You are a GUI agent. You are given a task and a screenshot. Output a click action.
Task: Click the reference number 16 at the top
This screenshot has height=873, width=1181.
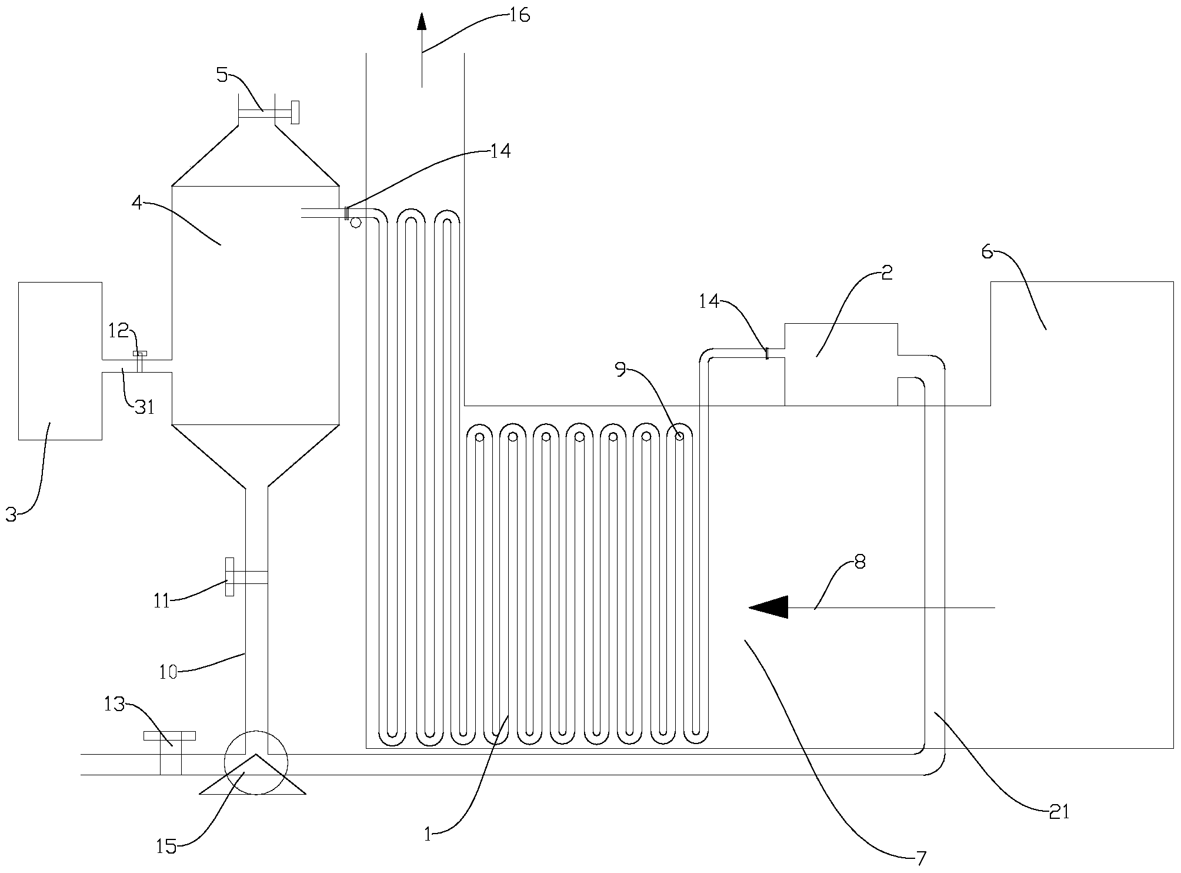[x=519, y=15]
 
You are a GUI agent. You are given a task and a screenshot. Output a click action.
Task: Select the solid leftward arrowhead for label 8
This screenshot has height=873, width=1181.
[x=768, y=607]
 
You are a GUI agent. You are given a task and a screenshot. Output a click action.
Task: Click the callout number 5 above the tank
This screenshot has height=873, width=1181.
[x=222, y=75]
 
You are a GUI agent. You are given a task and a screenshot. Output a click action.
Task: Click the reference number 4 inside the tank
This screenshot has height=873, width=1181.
[x=137, y=203]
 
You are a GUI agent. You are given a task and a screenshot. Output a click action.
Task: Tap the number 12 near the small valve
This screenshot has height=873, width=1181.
[x=118, y=331]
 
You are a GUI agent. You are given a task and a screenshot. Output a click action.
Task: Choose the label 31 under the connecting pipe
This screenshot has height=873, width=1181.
[x=144, y=406]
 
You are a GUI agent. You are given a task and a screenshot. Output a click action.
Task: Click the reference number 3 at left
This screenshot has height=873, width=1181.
[x=11, y=514]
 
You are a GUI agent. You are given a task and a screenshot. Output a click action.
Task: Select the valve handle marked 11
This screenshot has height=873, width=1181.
[x=229, y=577]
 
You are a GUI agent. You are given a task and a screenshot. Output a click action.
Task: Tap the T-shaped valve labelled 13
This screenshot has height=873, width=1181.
[x=170, y=753]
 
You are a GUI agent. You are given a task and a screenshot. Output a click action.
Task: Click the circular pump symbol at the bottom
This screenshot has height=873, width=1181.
[x=256, y=762]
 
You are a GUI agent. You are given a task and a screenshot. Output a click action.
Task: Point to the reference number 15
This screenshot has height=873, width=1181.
[x=166, y=847]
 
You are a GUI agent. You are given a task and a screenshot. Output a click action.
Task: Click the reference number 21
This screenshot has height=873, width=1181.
[x=1059, y=812]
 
